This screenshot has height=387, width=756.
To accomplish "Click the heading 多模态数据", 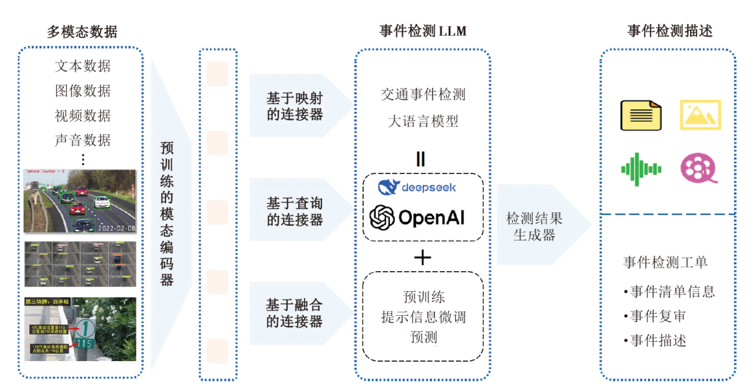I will point(82,31).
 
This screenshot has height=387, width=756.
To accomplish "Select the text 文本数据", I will point(83,66).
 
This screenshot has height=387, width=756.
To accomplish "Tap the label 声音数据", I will point(83,140).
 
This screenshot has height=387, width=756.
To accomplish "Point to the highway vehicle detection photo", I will point(80,200).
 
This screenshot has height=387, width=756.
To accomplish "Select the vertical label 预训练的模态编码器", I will point(167,213).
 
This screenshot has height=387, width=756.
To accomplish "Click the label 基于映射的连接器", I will point(295,105).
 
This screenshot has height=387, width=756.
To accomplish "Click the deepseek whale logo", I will point(387,187).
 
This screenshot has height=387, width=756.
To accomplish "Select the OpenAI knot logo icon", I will point(382,217).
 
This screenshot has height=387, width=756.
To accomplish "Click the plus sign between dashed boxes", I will point(422,257).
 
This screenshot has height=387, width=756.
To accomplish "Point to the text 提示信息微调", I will point(423,317).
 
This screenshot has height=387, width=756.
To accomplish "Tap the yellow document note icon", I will point(641,115).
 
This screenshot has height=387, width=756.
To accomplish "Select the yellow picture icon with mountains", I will point(700,115).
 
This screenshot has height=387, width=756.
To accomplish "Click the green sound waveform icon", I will point(641,169).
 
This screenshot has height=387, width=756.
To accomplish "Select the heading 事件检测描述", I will point(669,31).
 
